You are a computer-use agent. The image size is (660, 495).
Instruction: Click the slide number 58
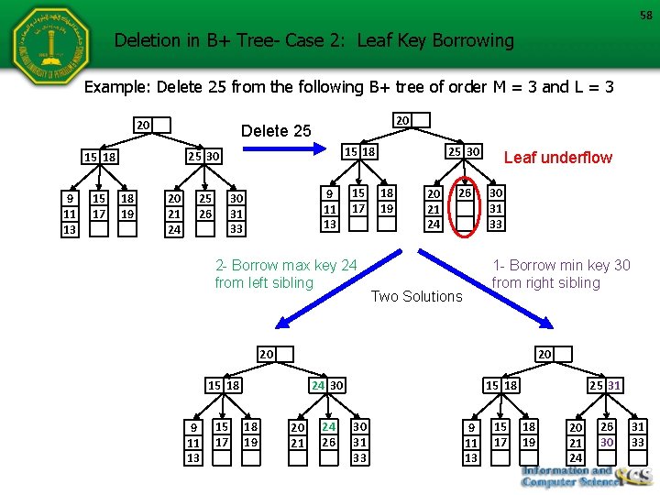(645, 15)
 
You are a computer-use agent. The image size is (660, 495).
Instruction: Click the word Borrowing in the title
(467, 40)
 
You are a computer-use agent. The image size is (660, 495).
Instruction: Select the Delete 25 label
(276, 131)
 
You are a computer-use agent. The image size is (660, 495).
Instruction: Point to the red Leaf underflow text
(558, 158)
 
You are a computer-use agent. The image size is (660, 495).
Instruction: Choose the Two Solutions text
(416, 296)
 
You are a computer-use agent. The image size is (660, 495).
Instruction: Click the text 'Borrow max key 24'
(293, 266)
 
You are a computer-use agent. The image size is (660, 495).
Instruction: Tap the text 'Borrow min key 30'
(568, 266)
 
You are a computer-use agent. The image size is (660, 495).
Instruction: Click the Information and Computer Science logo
(587, 475)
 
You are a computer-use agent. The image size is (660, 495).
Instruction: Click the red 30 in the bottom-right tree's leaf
(606, 442)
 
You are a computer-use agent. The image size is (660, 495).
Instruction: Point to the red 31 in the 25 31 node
(613, 386)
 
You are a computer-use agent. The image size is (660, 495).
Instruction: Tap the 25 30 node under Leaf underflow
(463, 150)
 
